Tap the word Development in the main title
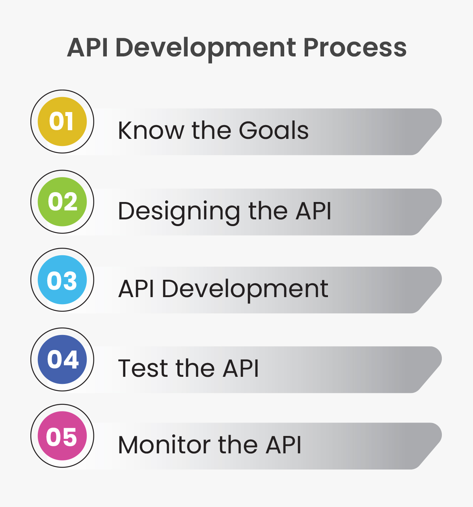point(205,48)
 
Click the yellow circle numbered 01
point(62,122)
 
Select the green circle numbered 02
point(62,202)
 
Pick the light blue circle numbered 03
point(62,280)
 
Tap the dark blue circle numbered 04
point(62,359)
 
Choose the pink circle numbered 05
point(62,436)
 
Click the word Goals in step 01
point(274,131)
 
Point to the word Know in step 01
point(151,131)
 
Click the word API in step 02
point(313,211)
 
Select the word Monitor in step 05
point(164,445)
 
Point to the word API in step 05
point(283,445)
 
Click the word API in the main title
point(88,48)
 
